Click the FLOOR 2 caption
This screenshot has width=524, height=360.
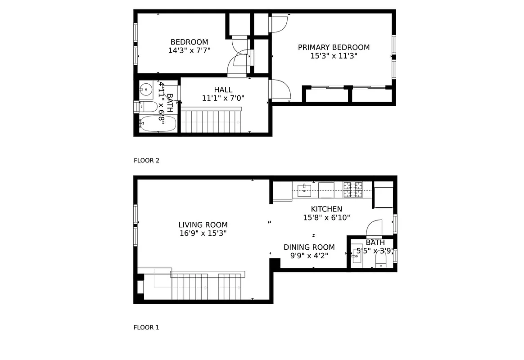point(146,160)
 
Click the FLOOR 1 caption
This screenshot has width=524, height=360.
point(146,328)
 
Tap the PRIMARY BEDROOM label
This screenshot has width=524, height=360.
point(334,47)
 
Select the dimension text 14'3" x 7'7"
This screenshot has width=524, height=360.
point(189,51)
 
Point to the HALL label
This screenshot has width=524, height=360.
point(223,90)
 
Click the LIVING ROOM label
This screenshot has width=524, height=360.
point(203,225)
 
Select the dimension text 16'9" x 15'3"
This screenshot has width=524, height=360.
point(203,234)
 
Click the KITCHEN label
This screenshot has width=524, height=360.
point(326,209)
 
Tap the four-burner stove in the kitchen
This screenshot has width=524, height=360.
point(353,189)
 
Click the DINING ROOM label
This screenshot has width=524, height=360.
point(309,247)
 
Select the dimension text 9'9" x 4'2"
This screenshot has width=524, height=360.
point(309,256)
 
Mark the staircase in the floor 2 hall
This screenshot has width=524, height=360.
point(211,121)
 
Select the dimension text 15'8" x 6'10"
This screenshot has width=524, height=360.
point(326,217)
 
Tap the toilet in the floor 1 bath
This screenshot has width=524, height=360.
point(382,260)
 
